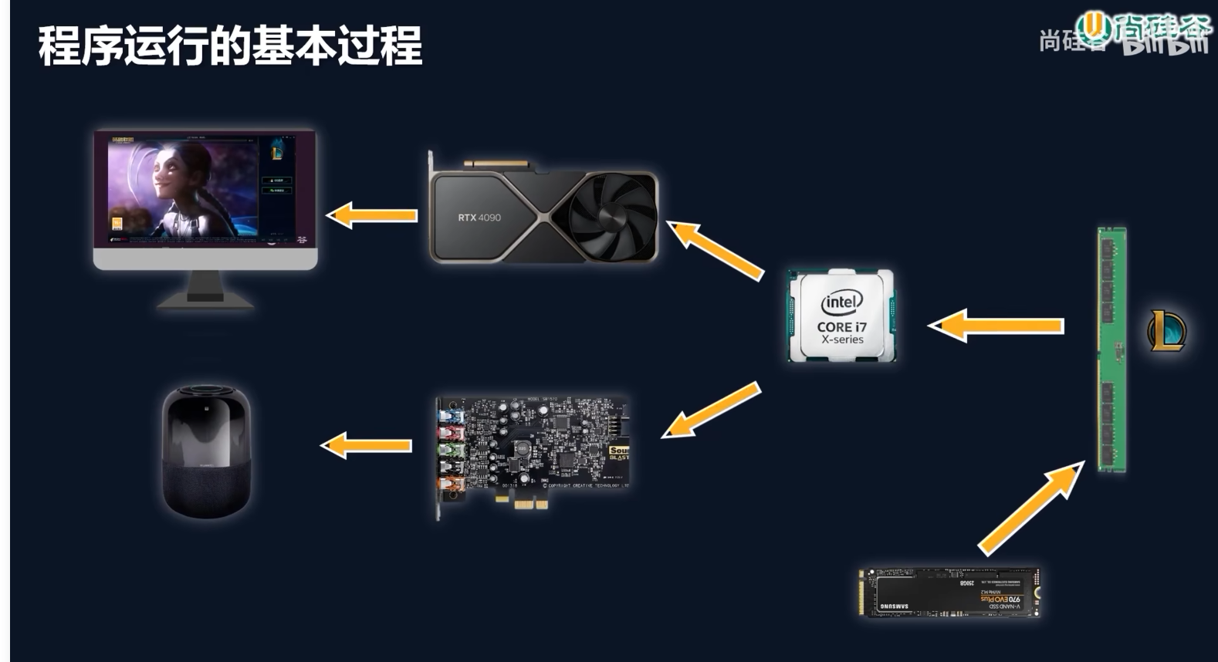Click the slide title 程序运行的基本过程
click(x=230, y=46)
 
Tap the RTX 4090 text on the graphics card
click(x=479, y=218)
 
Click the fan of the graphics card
click(x=611, y=215)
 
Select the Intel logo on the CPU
click(x=841, y=302)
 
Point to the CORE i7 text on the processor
click(x=841, y=326)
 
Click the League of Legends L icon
click(x=1166, y=330)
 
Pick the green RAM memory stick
click(x=1112, y=349)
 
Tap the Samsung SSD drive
click(x=949, y=593)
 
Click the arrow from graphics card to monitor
click(x=373, y=215)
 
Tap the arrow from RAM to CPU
click(x=996, y=326)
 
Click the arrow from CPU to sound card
click(x=712, y=410)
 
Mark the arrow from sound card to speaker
click(x=367, y=445)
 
